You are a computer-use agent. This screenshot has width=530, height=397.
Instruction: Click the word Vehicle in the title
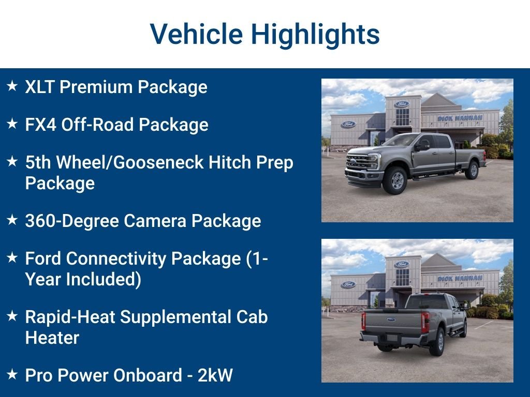(196, 34)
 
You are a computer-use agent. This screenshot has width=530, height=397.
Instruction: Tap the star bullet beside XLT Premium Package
(12, 86)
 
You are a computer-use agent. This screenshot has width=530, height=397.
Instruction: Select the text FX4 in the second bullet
(40, 125)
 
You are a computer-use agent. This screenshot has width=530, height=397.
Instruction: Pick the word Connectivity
(116, 259)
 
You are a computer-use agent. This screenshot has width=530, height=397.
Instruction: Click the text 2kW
(215, 375)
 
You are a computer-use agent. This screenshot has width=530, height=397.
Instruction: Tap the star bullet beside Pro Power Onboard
(12, 374)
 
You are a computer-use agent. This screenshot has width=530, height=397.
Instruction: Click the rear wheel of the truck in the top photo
(472, 170)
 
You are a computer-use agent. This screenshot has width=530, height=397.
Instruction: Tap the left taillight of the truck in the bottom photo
(363, 321)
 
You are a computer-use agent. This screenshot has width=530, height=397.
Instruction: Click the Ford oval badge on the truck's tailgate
(391, 319)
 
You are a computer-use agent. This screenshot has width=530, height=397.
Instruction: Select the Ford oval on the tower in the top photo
(402, 104)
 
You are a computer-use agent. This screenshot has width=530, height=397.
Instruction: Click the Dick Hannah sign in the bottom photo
(460, 279)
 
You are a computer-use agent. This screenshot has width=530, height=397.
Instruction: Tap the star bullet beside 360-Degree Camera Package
(12, 220)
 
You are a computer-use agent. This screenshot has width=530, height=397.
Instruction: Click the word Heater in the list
(52, 338)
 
